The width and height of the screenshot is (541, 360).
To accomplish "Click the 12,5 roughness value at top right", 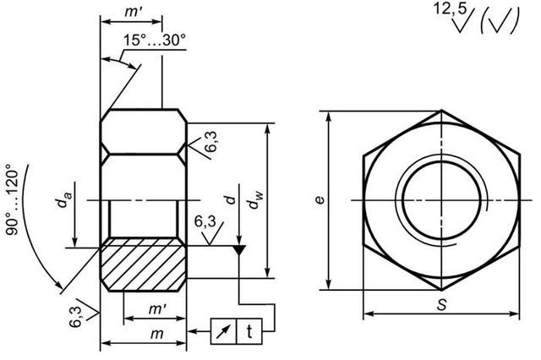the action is [449, 8].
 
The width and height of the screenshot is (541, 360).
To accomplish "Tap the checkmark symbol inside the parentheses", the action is [500, 22].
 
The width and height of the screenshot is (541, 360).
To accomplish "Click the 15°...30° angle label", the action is [155, 40].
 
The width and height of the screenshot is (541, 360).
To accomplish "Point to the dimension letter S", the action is [441, 304].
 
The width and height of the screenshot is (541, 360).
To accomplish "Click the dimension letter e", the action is [320, 200].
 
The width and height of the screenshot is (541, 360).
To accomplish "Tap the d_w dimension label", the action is [255, 200].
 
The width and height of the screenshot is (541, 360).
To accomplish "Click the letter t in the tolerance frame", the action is [249, 331].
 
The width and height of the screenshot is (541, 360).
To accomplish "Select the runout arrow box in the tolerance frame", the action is [223, 331].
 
